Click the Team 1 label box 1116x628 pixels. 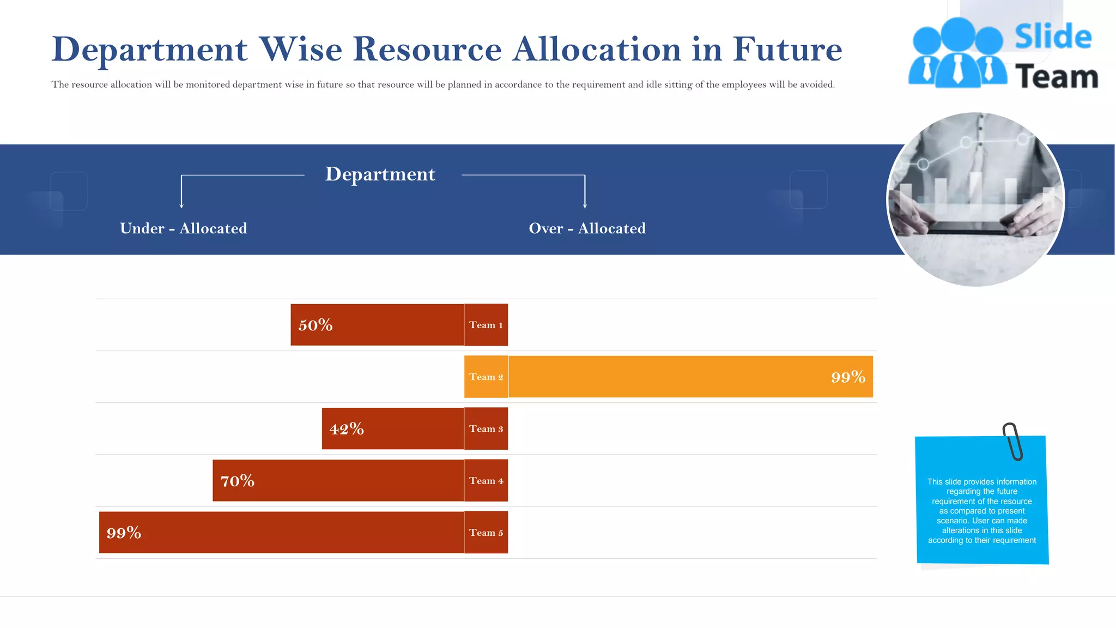(x=486, y=325)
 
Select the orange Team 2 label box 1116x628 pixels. (x=486, y=377)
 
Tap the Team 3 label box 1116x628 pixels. (x=486, y=428)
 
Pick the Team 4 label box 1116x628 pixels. (x=486, y=480)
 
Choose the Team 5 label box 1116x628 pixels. (x=486, y=533)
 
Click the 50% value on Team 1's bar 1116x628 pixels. (x=316, y=325)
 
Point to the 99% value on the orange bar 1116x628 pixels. (x=848, y=377)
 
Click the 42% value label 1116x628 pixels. (x=347, y=429)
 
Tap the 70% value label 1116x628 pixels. (x=238, y=481)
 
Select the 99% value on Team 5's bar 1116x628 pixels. (x=124, y=533)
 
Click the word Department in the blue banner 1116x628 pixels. (x=380, y=174)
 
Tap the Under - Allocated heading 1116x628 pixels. (x=184, y=228)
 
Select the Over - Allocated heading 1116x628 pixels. (x=587, y=228)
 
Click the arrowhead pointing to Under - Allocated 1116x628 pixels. (x=181, y=206)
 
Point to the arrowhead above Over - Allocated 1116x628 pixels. (x=585, y=206)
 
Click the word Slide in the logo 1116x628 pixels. (x=1053, y=37)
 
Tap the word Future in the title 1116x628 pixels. (x=787, y=49)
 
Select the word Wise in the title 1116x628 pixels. (x=300, y=49)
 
